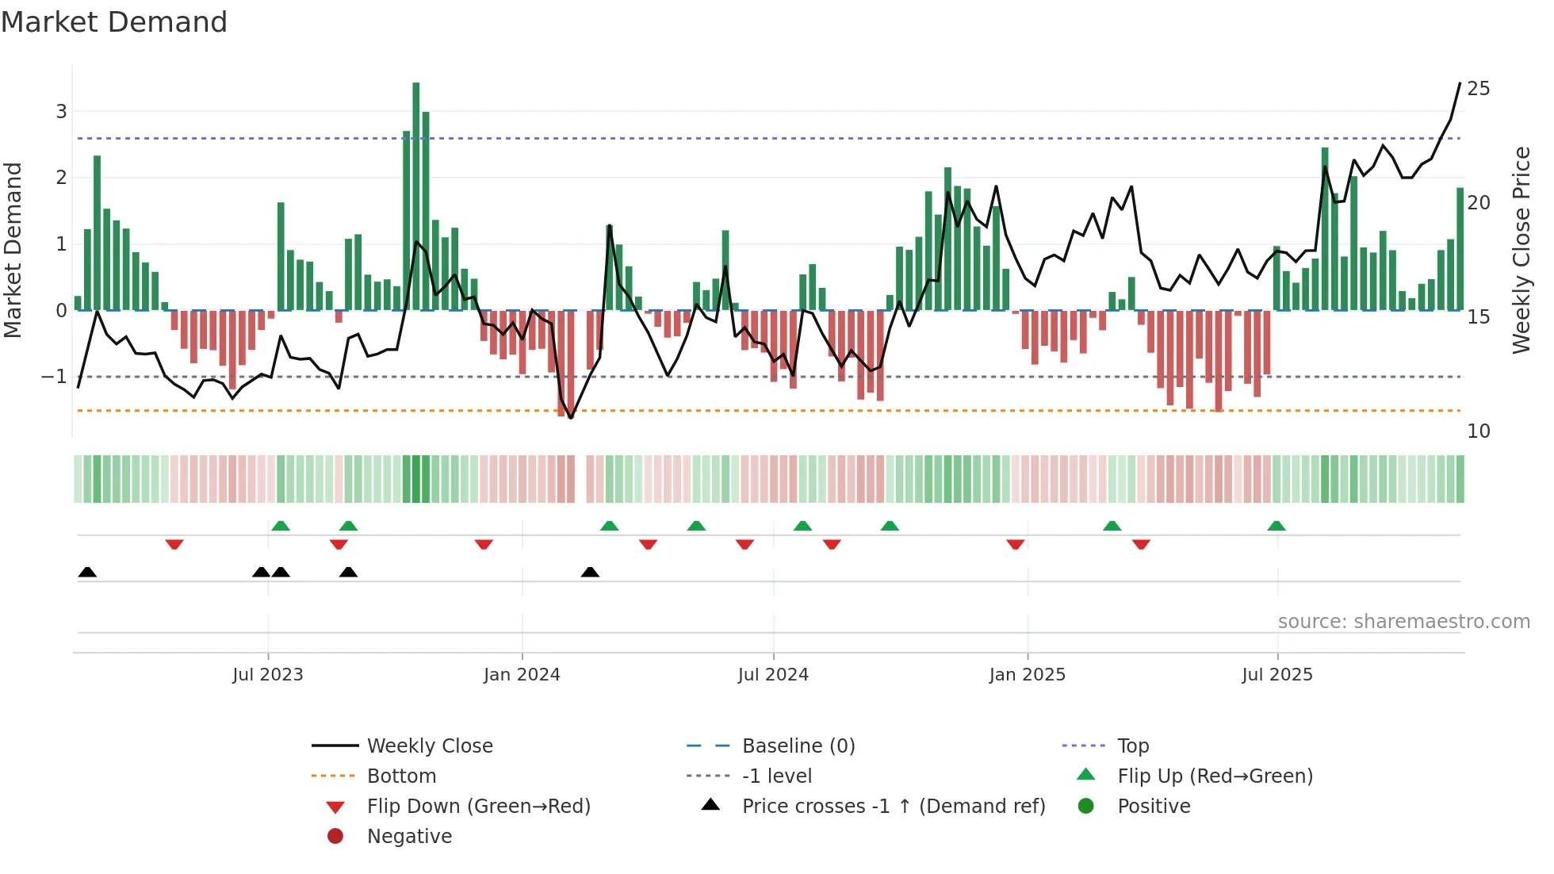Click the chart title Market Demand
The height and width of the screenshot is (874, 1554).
tap(114, 22)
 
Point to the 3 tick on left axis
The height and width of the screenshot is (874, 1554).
tap(61, 112)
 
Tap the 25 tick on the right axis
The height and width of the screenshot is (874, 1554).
tap(1478, 89)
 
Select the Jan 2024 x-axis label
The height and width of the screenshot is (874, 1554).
tap(522, 675)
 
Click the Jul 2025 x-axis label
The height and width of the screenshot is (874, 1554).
tap(1276, 675)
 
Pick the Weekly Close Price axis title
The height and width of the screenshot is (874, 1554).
tap(1521, 250)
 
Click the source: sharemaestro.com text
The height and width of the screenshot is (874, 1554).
tap(1403, 622)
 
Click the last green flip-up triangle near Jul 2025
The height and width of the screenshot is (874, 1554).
tap(1276, 526)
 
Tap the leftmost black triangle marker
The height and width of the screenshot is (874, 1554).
tap(87, 572)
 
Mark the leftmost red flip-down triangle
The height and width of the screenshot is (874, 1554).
tap(174, 544)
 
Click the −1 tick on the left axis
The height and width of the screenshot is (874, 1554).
tap(54, 377)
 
